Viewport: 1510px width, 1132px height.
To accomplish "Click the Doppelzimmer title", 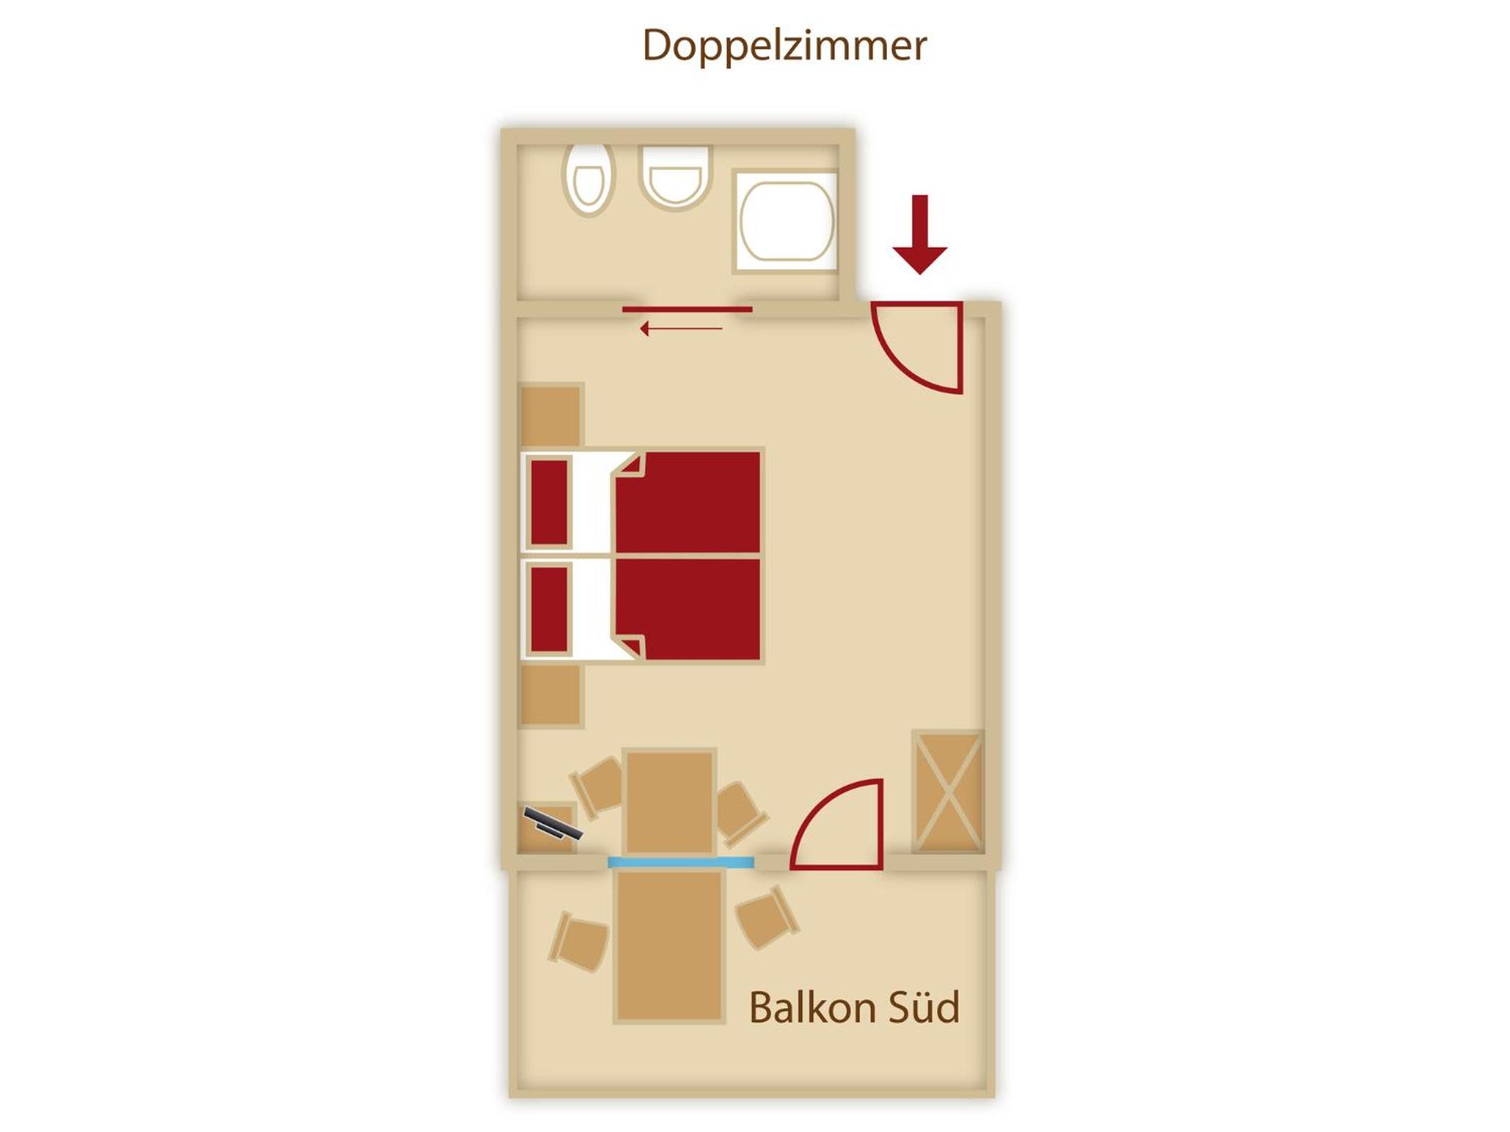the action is coord(784,46).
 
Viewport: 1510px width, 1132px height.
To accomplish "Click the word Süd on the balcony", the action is coord(924,1007).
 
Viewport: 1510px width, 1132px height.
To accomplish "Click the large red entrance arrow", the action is coord(919,234).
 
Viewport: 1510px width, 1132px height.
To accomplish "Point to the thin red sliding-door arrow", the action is coord(681,329).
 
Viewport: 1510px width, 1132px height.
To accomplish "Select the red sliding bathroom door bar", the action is coord(687,310).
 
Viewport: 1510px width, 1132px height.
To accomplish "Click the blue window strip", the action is coord(681,862).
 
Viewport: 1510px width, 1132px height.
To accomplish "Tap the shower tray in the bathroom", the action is coord(786,221).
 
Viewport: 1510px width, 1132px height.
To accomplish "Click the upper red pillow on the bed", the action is coord(549,502).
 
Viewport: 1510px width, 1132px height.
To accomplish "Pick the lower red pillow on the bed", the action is coord(549,609).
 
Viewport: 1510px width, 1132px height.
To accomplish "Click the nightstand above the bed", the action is coord(551,415).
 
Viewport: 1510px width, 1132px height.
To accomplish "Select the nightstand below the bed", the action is coord(551,695).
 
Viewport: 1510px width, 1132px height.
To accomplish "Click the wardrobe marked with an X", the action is coord(948,792).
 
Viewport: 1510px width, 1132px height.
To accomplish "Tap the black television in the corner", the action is coord(553,823).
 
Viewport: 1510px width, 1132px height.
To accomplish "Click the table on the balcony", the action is coord(669,946).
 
